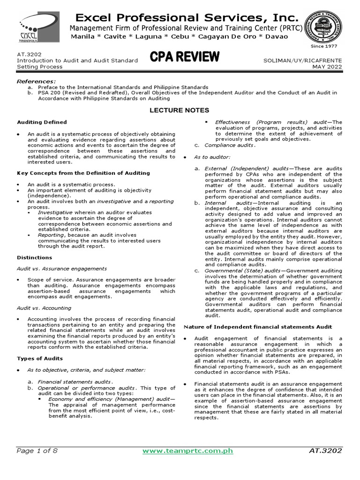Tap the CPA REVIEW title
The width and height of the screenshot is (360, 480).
click(x=184, y=57)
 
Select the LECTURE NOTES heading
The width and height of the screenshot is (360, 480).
click(x=180, y=110)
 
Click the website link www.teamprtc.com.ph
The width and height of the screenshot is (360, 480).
click(x=187, y=451)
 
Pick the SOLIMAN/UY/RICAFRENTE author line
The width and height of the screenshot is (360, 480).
click(x=304, y=60)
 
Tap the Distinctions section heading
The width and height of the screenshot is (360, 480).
click(x=35, y=257)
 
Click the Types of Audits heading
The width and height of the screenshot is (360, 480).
click(x=40, y=359)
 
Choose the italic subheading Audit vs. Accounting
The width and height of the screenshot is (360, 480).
click(x=44, y=308)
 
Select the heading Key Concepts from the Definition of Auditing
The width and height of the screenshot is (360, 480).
click(x=83, y=173)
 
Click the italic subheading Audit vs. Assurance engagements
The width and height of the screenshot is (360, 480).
click(x=62, y=269)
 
